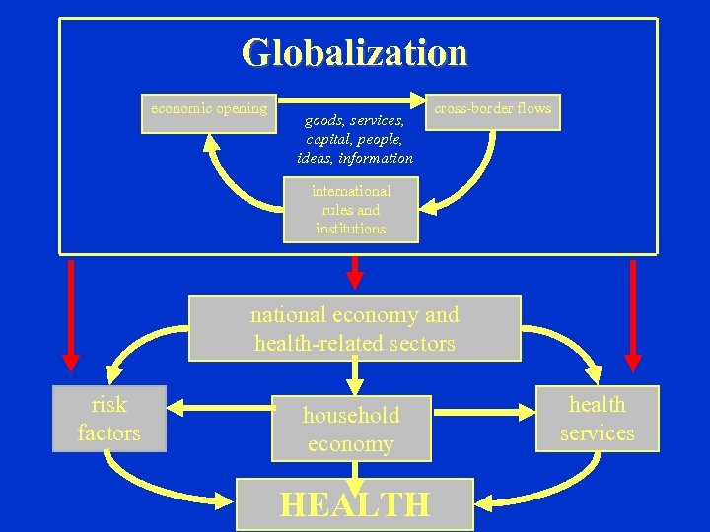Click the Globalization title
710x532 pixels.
[355, 52]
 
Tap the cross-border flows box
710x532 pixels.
[492, 110]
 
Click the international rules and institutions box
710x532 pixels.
[351, 210]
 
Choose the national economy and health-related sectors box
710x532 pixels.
[354, 329]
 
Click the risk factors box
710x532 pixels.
[108, 419]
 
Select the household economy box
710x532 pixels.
[351, 430]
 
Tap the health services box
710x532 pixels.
[597, 419]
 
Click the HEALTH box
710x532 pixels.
[355, 504]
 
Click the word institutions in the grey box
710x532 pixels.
[351, 229]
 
